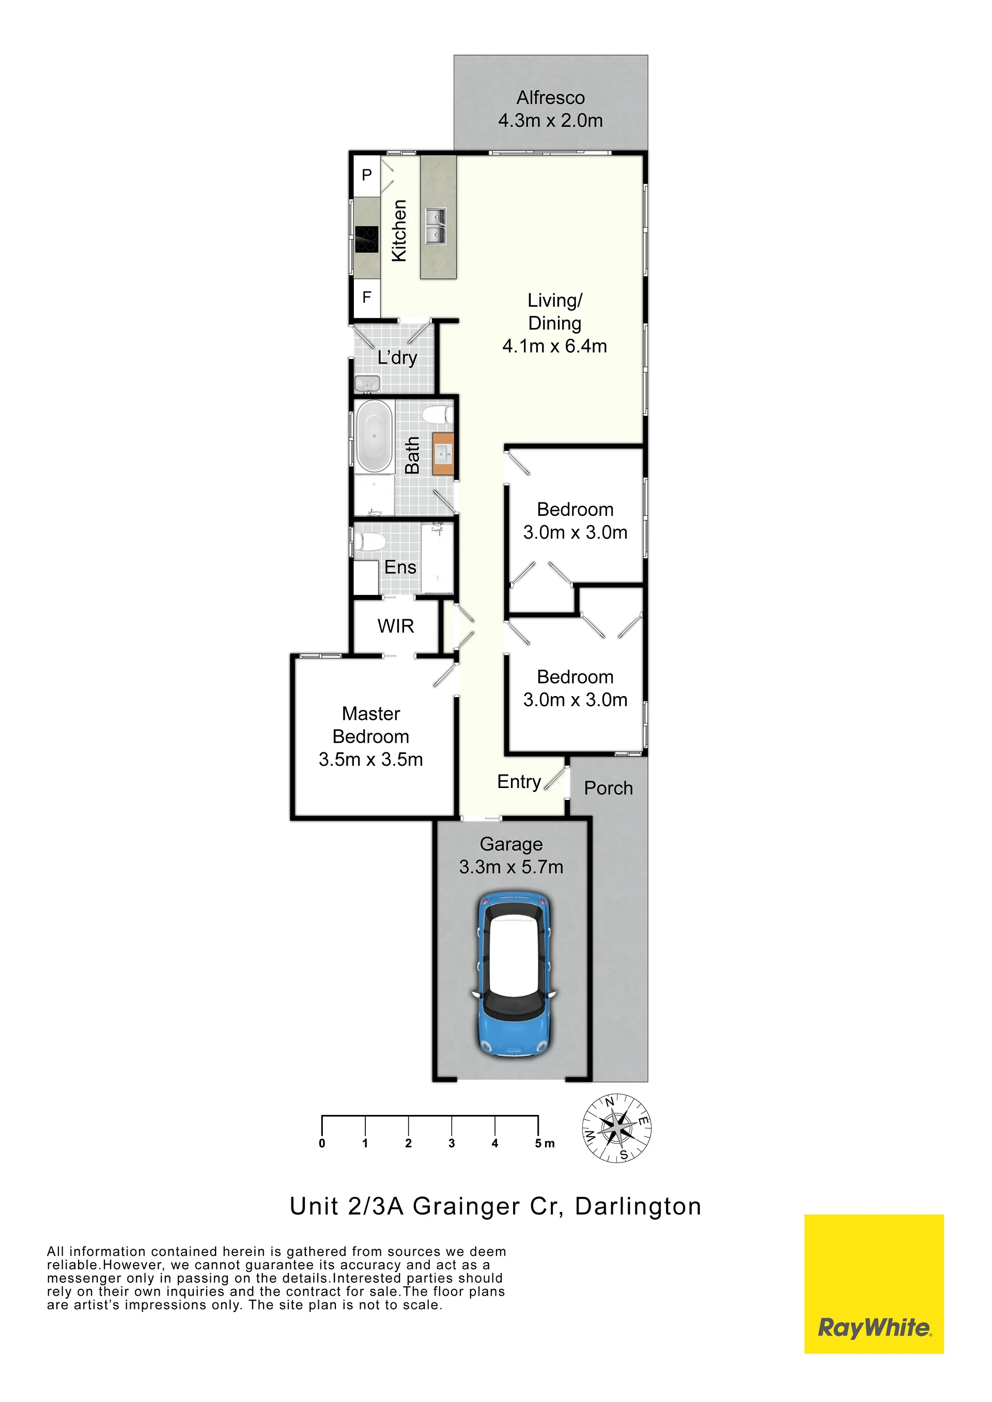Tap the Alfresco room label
tap(550, 98)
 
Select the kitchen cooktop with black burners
tap(366, 240)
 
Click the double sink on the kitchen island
tap(436, 225)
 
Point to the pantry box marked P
tap(366, 175)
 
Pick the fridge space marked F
tap(366, 297)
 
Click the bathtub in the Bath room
tap(374, 436)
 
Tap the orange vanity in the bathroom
tap(443, 454)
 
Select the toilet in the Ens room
tap(369, 542)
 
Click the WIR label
tap(396, 626)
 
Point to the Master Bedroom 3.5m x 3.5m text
tap(371, 736)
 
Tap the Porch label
tap(609, 789)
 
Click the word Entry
tap(519, 782)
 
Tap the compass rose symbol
tap(616, 1128)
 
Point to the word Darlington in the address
tap(638, 1207)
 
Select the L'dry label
tap(397, 357)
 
